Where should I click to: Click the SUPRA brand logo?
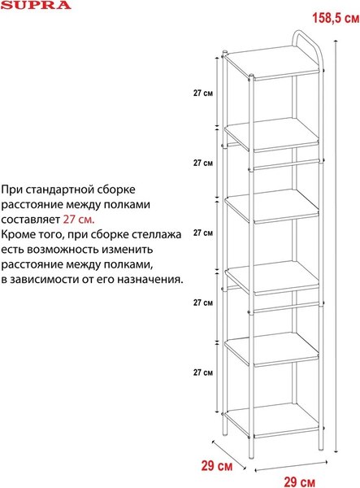36,5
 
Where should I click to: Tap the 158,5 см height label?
336,18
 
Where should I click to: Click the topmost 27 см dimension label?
203,93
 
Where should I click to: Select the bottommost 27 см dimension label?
203,373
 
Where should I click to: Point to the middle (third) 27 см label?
203,233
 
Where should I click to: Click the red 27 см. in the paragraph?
79,220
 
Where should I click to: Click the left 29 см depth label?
217,466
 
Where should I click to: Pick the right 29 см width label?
299,481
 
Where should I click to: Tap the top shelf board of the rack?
273,63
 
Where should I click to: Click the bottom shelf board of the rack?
273,420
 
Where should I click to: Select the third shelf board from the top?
273,206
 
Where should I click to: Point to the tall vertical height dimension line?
336,246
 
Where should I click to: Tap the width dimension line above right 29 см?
291,466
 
